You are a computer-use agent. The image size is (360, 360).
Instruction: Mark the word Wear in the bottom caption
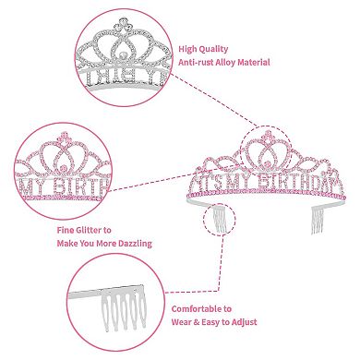[184, 324]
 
